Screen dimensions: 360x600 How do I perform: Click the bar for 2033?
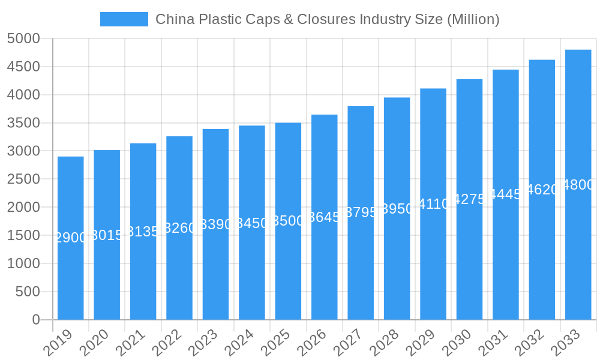coord(578,252)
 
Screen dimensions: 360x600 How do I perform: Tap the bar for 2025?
coord(288,270)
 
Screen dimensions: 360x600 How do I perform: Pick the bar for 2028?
coord(397,264)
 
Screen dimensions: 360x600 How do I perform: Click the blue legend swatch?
coord(124,19)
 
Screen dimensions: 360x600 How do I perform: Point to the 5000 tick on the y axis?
coord(23,39)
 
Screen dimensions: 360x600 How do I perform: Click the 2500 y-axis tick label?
coord(23,179)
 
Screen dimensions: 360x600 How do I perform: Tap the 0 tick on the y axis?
coord(35,320)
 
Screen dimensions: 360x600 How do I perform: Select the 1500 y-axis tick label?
coord(23,236)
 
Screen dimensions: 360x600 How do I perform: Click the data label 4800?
coord(578,185)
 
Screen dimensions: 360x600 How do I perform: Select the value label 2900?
coord(71,238)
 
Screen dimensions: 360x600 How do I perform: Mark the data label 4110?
coord(433,204)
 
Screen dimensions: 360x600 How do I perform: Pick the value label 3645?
coord(325,217)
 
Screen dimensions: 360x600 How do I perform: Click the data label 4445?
coord(506,194)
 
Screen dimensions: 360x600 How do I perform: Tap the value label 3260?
coord(179,228)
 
